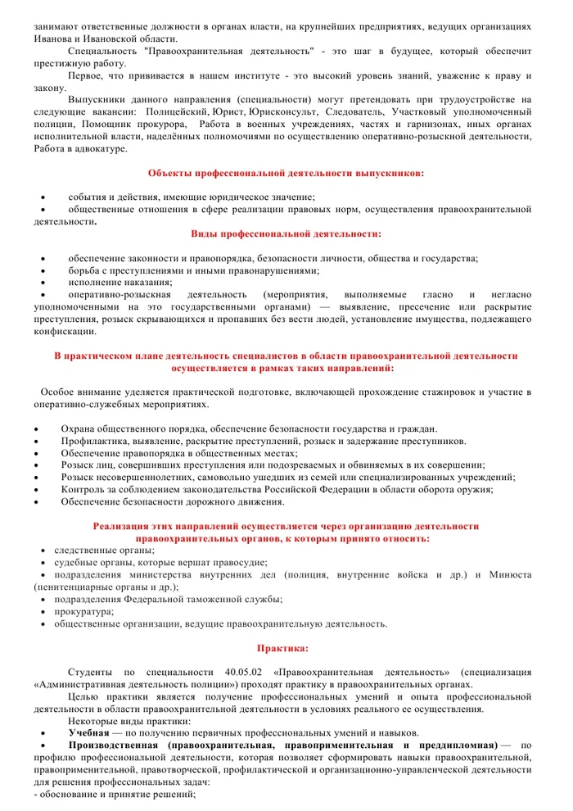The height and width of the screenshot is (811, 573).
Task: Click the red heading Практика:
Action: point(283,648)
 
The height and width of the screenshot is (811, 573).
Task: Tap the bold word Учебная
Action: point(89,732)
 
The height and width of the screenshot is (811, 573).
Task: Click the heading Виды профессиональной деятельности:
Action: point(286,233)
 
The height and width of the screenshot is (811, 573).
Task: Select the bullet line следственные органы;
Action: point(104,550)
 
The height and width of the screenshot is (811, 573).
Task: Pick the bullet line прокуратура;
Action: point(84,611)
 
